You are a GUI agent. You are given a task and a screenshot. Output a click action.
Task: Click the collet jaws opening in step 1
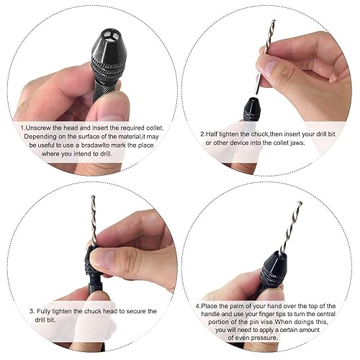tap(109, 36)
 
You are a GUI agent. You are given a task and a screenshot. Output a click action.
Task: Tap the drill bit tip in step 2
tap(274, 21)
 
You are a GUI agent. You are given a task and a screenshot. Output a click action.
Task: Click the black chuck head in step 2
tap(251, 109)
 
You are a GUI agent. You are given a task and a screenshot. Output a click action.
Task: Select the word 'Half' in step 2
tap(212, 134)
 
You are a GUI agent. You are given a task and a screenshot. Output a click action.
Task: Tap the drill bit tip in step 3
tap(93, 197)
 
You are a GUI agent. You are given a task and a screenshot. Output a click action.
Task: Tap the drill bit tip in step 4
tap(299, 203)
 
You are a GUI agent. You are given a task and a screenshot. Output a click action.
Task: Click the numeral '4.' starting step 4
tap(198, 306)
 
